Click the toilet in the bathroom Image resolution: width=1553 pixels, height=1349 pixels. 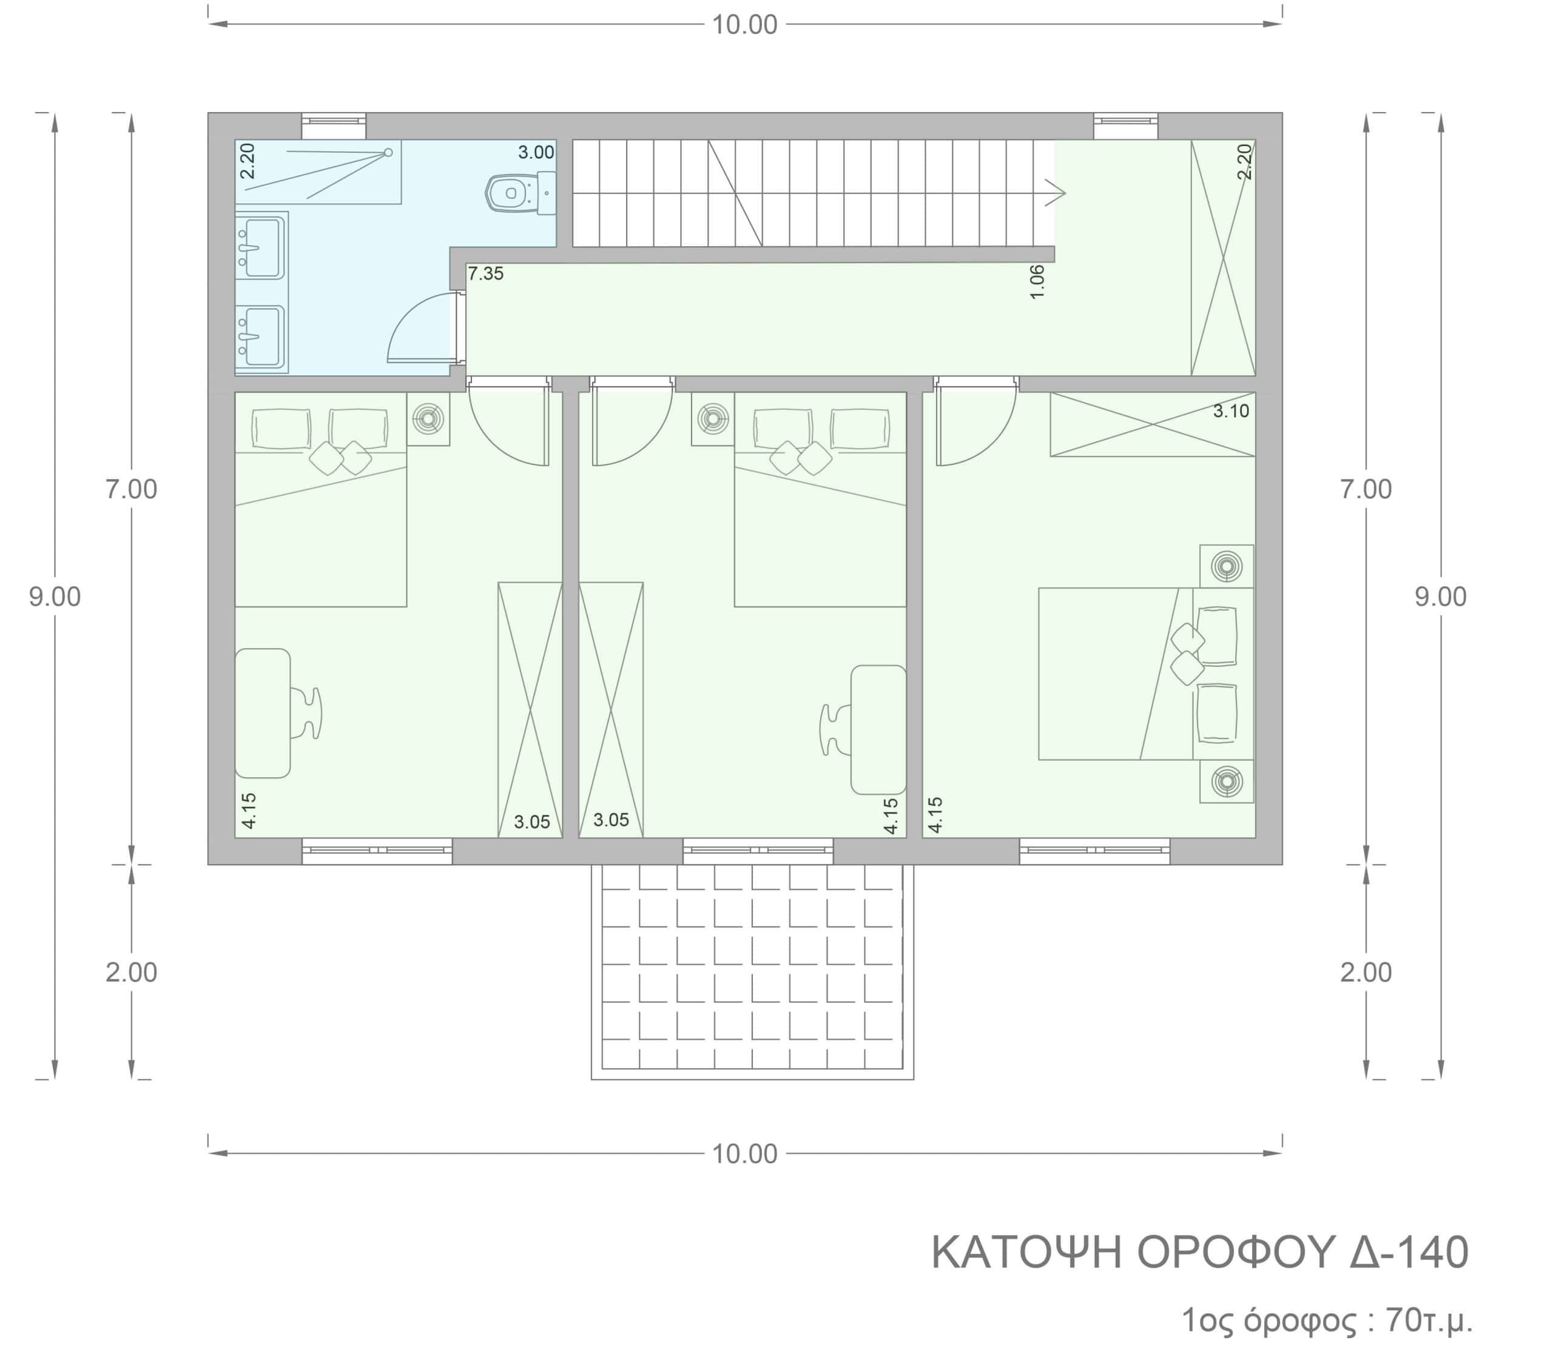coord(520,193)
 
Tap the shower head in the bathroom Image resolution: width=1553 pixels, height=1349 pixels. coord(389,153)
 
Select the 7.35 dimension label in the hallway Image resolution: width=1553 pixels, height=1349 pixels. coord(486,274)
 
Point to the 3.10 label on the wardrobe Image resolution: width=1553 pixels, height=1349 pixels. coord(1231,411)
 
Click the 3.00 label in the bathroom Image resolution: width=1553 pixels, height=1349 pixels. coord(536,153)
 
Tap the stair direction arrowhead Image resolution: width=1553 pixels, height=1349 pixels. coord(1056,193)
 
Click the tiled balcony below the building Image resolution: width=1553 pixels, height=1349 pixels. coord(752,972)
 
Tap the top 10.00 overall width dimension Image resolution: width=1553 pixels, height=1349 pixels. coord(745,25)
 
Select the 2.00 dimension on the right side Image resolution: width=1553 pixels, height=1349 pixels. coord(1366,972)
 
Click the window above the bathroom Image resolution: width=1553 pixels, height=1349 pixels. coord(334,126)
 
